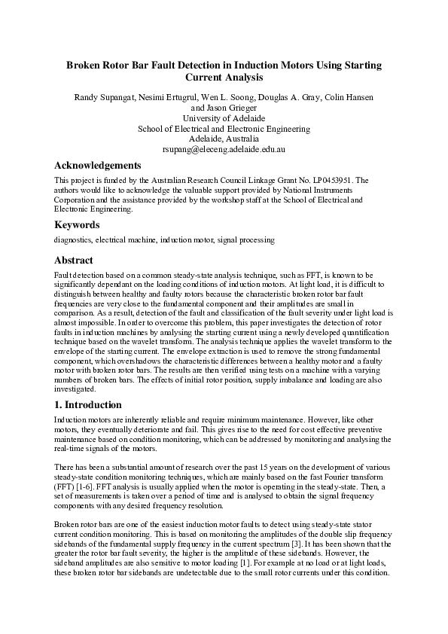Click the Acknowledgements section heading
pyautogui.click(x=98, y=166)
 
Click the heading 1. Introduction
pyautogui.click(x=92, y=404)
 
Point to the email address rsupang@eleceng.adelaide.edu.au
pyautogui.click(x=224, y=150)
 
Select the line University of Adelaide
pyautogui.click(x=224, y=118)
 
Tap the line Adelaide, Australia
pyautogui.click(x=224, y=139)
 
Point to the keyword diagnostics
pyautogui.click(x=72, y=239)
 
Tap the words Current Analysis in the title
pyautogui.click(x=224, y=77)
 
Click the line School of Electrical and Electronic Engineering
pyautogui.click(x=224, y=129)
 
